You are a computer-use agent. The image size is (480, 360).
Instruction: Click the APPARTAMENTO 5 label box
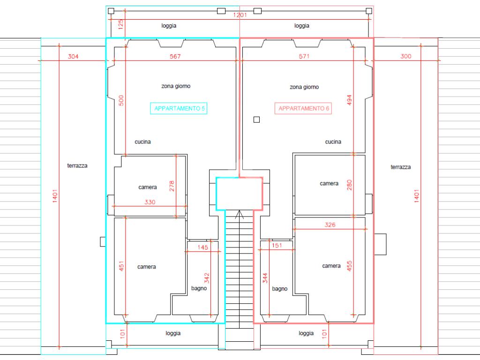[x=180, y=108]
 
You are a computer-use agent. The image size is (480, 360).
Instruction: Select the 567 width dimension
[x=175, y=56]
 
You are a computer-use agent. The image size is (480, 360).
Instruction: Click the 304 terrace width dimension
[x=73, y=56]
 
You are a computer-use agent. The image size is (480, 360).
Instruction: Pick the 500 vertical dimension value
[x=121, y=101]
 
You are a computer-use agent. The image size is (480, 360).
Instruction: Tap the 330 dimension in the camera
[x=150, y=202]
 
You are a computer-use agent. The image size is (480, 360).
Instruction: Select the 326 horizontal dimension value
[x=330, y=225]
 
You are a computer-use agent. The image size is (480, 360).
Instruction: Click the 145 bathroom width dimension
[x=202, y=247]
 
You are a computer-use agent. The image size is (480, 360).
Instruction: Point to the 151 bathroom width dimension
[x=277, y=245]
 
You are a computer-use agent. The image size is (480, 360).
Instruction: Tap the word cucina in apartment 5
[x=142, y=142]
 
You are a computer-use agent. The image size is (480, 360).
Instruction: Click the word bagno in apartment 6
[x=280, y=289]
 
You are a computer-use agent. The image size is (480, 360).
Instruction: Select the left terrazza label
[x=77, y=165]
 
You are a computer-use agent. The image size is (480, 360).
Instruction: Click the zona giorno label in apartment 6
[x=304, y=87]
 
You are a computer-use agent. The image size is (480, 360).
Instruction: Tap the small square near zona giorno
[x=256, y=120]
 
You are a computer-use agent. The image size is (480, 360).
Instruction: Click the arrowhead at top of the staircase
[x=239, y=214]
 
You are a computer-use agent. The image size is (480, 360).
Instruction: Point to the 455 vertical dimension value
[x=349, y=265]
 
